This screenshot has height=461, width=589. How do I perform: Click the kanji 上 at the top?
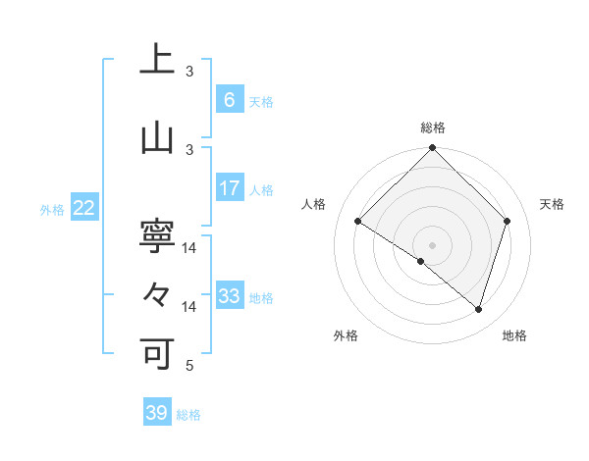(157, 60)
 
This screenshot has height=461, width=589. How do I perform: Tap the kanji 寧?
(157, 234)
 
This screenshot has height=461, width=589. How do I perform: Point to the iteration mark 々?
(157, 293)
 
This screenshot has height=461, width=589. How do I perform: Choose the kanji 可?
(157, 352)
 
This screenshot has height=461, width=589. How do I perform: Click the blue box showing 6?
(229, 100)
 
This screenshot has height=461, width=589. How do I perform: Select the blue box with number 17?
(229, 188)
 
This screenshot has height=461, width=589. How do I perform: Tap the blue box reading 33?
(229, 296)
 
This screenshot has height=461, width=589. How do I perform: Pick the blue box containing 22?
(84, 208)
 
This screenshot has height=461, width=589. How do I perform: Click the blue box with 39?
(157, 413)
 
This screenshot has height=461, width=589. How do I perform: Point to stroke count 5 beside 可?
(190, 366)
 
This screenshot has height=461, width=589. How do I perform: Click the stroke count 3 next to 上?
(190, 72)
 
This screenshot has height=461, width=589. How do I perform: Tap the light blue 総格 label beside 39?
(188, 415)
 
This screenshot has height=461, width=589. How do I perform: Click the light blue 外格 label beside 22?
(52, 209)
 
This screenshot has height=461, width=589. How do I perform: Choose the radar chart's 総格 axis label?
(432, 128)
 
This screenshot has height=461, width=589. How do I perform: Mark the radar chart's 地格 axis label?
(514, 335)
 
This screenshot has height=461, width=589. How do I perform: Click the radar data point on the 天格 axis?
(507, 221)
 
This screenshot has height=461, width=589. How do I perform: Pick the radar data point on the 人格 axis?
(358, 222)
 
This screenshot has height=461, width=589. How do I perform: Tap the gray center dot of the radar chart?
(432, 244)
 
